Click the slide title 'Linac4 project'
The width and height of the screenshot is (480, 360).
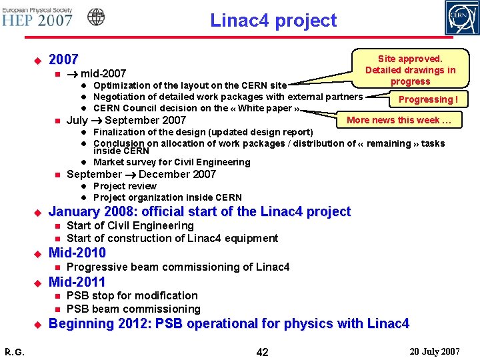coord(273,21)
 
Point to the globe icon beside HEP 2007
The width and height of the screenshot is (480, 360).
coord(97,17)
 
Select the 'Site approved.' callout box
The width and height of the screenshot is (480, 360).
coord(410,70)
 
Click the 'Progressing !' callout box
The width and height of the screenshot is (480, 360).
coord(427,99)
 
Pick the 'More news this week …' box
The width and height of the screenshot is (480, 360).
coord(399,120)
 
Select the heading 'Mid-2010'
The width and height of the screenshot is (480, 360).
coord(77,253)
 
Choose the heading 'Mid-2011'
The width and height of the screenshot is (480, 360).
coord(77,281)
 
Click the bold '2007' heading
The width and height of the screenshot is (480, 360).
coord(64,59)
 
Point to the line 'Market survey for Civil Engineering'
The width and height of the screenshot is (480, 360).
coord(171,162)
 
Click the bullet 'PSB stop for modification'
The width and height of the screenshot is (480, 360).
coord(132,295)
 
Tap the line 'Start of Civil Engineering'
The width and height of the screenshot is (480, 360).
coord(130,225)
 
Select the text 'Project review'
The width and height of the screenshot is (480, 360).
coord(125,186)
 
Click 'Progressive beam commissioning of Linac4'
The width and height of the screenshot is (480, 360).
coord(178,267)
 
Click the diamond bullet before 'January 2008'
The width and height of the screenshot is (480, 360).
coord(37,212)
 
